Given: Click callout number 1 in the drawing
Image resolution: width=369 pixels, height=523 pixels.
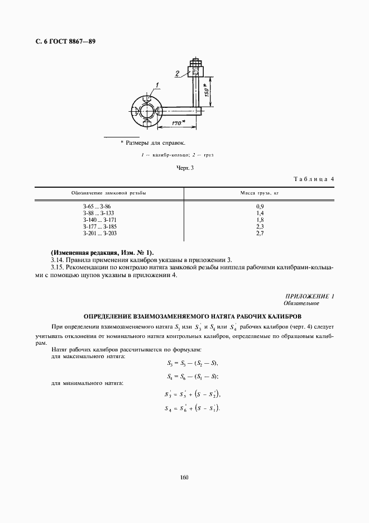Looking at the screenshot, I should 158,85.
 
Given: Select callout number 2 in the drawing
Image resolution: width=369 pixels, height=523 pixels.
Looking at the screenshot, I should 176,73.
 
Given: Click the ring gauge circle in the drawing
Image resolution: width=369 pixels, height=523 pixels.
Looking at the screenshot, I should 146,109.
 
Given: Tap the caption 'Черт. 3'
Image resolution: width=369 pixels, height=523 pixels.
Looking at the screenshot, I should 184,167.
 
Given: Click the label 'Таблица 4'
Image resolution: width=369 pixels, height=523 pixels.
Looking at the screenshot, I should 313,179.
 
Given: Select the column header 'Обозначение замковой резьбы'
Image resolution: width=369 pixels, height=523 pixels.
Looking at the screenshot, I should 109,193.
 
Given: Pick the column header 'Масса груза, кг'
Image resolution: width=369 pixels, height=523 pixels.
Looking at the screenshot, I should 259,193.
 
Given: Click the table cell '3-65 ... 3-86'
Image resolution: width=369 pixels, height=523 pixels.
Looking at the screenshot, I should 97,207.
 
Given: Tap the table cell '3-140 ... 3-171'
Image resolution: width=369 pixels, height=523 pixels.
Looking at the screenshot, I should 98,220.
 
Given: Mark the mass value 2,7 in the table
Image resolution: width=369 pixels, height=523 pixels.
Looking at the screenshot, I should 259,233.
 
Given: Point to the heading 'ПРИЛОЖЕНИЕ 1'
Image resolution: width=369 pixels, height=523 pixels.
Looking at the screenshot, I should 309,296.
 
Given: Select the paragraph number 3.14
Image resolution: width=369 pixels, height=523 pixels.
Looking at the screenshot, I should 57,260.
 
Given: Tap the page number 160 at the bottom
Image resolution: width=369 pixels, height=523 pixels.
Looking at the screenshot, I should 184,477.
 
